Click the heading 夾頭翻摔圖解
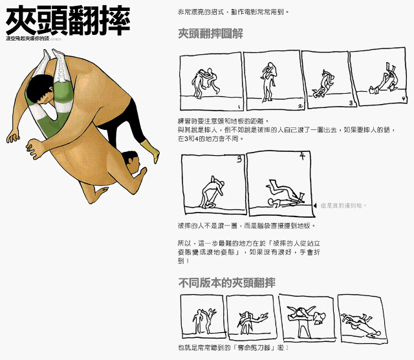(x=210, y=34)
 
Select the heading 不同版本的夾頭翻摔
(x=226, y=282)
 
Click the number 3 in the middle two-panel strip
(x=239, y=158)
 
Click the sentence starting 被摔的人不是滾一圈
(x=246, y=226)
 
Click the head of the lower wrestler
(x=130, y=161)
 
